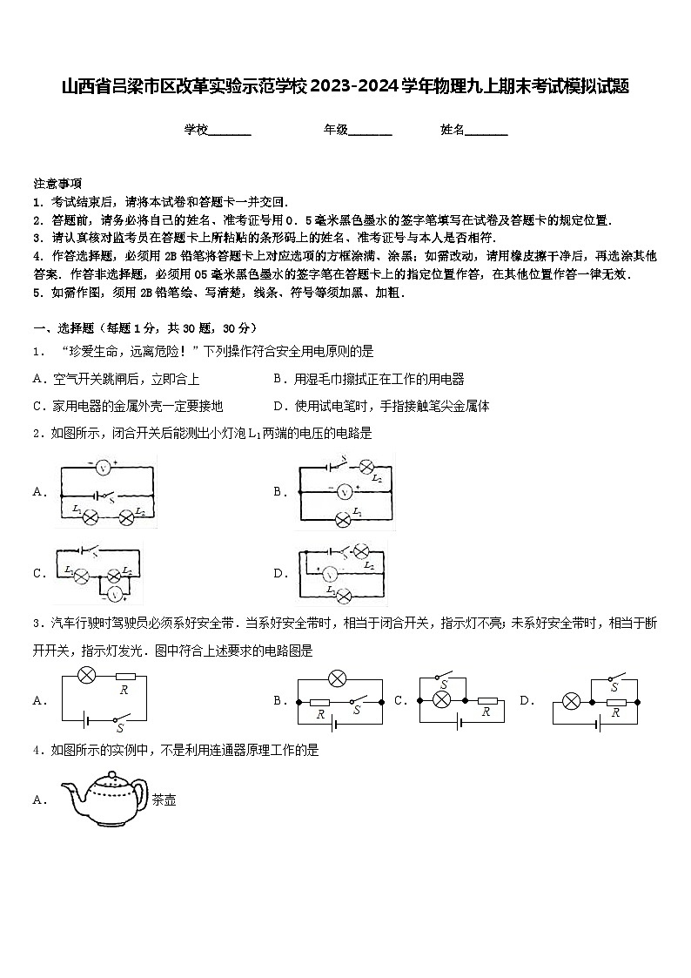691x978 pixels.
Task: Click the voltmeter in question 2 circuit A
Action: (x=103, y=468)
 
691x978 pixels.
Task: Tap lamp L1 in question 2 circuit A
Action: (x=90, y=516)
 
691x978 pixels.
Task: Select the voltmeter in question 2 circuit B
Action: (x=344, y=492)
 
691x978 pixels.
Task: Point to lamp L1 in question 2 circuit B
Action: (x=343, y=521)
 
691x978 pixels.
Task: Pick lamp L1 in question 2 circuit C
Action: (x=81, y=576)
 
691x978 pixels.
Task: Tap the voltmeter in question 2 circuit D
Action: (x=329, y=574)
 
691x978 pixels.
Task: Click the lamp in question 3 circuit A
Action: (x=86, y=675)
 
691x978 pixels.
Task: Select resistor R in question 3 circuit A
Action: (x=124, y=677)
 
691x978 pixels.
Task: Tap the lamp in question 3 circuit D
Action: (x=572, y=701)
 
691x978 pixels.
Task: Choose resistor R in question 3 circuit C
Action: (x=485, y=700)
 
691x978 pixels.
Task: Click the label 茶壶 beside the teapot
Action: (x=164, y=799)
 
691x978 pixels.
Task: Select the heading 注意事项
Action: (x=57, y=184)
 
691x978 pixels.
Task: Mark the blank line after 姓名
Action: (x=486, y=132)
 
